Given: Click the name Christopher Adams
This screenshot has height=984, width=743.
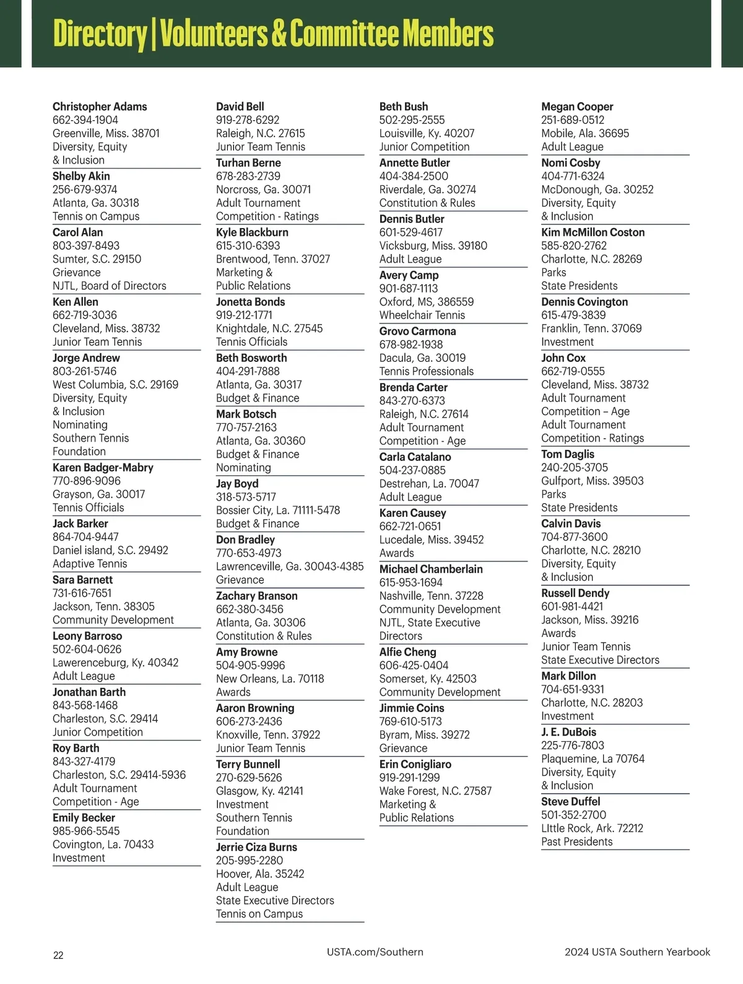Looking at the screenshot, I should pyautogui.click(x=100, y=107).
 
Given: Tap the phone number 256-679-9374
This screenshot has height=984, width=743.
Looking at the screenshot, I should pyautogui.click(x=85, y=190).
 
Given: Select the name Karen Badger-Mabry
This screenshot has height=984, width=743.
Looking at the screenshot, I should pyautogui.click(x=103, y=468).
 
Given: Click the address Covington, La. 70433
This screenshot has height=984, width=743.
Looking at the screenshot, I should pyautogui.click(x=103, y=845).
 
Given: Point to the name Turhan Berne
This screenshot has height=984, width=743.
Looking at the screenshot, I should pyautogui.click(x=248, y=163).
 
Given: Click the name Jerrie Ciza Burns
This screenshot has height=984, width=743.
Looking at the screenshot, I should pyautogui.click(x=256, y=847).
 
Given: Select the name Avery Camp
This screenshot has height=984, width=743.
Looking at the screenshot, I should pyautogui.click(x=409, y=275).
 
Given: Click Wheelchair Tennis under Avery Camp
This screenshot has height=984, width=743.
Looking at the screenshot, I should pyautogui.click(x=422, y=315).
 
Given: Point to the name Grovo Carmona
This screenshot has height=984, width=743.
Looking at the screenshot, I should pyautogui.click(x=417, y=332).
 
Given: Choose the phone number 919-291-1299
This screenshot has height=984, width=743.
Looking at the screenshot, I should pyautogui.click(x=409, y=778).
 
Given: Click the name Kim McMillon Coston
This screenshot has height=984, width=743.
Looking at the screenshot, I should pyautogui.click(x=593, y=232).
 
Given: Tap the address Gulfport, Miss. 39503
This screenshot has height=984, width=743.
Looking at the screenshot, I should pyautogui.click(x=592, y=481).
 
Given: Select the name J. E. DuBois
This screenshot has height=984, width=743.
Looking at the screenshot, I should pyautogui.click(x=568, y=732).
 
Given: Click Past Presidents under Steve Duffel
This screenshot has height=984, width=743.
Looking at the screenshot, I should pyautogui.click(x=576, y=842).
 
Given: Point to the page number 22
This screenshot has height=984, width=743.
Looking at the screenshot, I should pyautogui.click(x=58, y=955).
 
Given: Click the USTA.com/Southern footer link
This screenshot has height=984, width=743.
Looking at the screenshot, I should pyautogui.click(x=375, y=952).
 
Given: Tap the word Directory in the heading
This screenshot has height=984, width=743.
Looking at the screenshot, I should pyautogui.click(x=98, y=33).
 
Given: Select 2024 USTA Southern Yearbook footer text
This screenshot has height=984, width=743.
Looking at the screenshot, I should pyautogui.click(x=637, y=952).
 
